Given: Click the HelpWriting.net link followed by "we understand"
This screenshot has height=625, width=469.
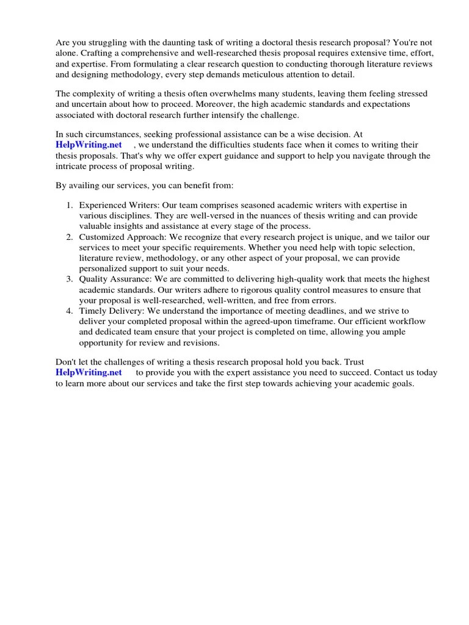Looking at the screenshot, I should coord(89,145).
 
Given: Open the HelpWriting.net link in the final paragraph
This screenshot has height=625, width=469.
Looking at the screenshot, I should coord(89,372).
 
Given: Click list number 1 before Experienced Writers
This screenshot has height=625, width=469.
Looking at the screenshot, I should coord(70,206).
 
